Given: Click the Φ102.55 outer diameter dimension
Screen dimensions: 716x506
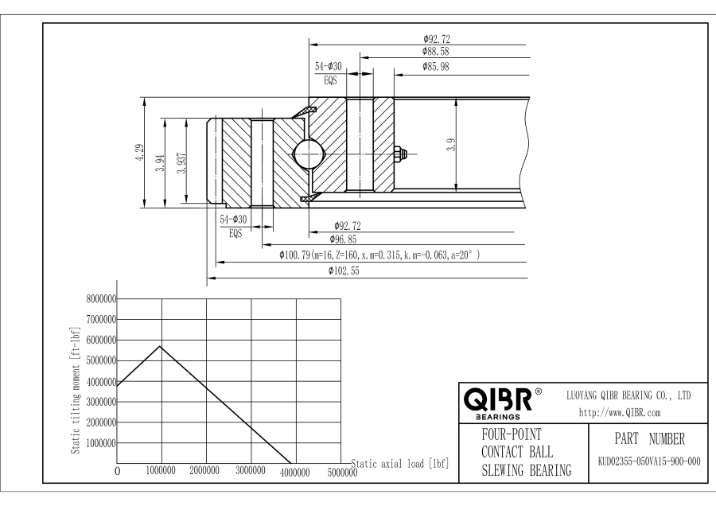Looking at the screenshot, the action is click(x=344, y=271).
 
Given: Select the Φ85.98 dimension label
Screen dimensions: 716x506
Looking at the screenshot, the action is click(x=436, y=67).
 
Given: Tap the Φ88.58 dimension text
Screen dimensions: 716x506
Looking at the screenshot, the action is click(x=436, y=52).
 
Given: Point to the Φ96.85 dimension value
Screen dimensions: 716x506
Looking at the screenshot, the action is click(x=343, y=239).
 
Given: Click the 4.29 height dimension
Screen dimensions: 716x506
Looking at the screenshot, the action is click(x=139, y=152).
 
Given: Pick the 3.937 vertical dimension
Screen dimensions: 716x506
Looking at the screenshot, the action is click(x=181, y=163).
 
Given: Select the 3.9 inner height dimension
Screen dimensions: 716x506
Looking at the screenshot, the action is click(x=451, y=145).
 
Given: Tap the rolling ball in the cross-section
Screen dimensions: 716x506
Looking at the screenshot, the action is click(x=308, y=154).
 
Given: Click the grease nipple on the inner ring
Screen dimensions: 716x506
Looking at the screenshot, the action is click(x=400, y=154).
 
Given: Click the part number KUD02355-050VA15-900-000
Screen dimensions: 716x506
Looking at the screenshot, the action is click(x=649, y=461).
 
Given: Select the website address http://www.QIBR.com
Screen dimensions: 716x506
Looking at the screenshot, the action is click(x=620, y=413).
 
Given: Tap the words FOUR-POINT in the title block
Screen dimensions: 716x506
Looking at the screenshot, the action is click(x=512, y=434).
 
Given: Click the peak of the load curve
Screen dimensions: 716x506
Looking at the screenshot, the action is click(x=160, y=346).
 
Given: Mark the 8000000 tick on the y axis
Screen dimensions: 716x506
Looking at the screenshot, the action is click(x=101, y=299).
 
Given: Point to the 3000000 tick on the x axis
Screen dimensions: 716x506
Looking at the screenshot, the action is click(x=251, y=471).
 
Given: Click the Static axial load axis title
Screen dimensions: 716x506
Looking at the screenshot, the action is click(x=400, y=464).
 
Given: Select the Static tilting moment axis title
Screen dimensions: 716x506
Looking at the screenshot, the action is click(x=76, y=391).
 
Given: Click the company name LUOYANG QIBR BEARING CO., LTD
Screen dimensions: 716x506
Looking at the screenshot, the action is click(x=628, y=396).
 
